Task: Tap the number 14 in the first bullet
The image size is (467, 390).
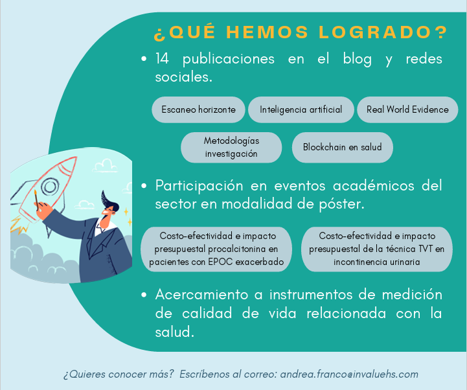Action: [162, 58]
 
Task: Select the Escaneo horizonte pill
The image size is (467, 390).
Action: [198, 109]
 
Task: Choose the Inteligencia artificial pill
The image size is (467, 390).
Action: [301, 109]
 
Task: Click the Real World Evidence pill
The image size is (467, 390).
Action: [407, 109]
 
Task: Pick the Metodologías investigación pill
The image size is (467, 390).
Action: [231, 147]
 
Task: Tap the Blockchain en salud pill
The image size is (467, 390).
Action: [343, 147]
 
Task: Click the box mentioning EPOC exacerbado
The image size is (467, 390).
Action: [216, 249]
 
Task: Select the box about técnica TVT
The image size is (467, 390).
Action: [377, 249]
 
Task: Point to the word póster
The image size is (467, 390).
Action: [341, 204]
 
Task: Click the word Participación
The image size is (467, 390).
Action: [199, 187]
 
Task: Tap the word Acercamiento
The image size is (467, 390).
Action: [201, 295]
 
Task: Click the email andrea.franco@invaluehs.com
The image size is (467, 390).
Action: [349, 374]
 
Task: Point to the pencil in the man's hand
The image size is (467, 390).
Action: [36, 200]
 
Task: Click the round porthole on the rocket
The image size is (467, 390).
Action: [50, 187]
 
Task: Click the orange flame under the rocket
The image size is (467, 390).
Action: [19, 225]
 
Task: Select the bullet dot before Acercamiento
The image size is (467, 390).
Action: [144, 295]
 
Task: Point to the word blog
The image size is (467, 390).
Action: [357, 59]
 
